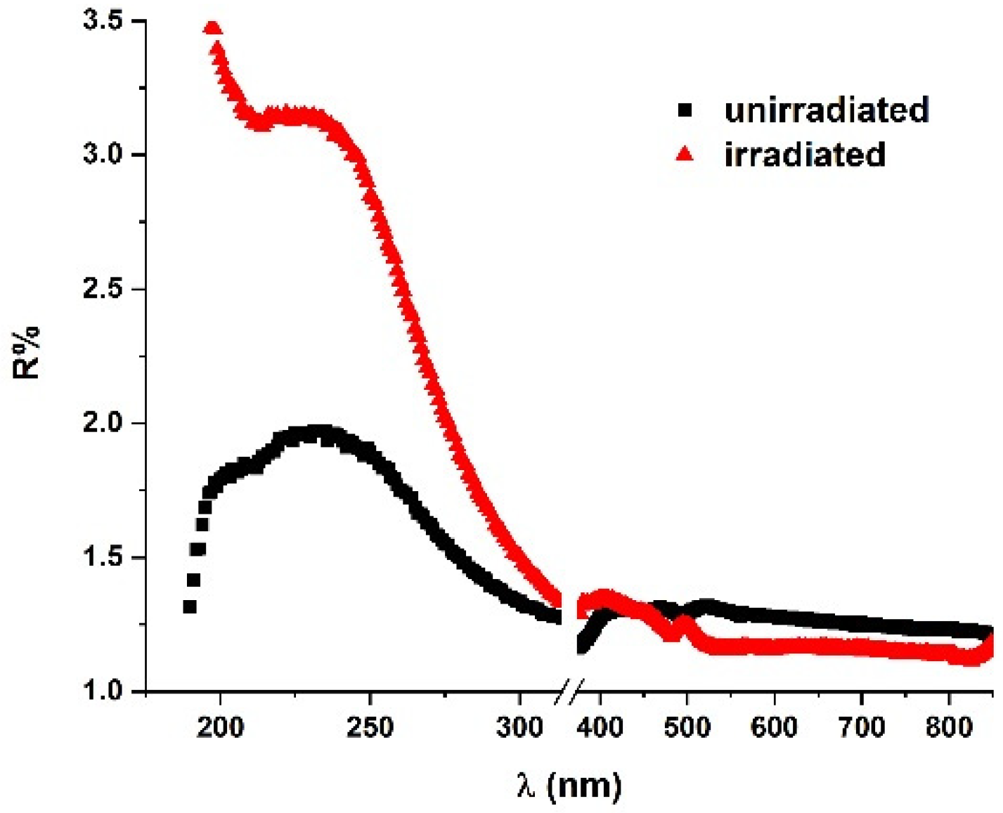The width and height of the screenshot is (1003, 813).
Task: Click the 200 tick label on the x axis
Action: point(220,727)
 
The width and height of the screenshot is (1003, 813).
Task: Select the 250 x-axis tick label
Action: point(370,727)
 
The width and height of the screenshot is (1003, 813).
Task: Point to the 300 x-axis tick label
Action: point(519,727)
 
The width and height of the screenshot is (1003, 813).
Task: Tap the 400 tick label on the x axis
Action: point(600,727)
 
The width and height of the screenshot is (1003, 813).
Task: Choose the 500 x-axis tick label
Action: point(687,727)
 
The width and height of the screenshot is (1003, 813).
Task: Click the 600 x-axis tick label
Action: point(774,727)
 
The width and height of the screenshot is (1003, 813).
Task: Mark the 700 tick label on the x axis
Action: point(862,727)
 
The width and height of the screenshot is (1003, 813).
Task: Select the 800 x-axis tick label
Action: point(949,727)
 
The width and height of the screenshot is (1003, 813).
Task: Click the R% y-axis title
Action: point(27,353)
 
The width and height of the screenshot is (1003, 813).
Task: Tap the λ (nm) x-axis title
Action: point(569,785)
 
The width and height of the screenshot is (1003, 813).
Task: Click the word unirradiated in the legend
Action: point(827,110)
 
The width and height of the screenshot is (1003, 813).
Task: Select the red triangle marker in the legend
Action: point(685,154)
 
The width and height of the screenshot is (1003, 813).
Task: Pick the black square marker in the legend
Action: point(685,110)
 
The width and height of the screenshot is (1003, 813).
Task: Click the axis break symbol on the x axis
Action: point(569,692)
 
